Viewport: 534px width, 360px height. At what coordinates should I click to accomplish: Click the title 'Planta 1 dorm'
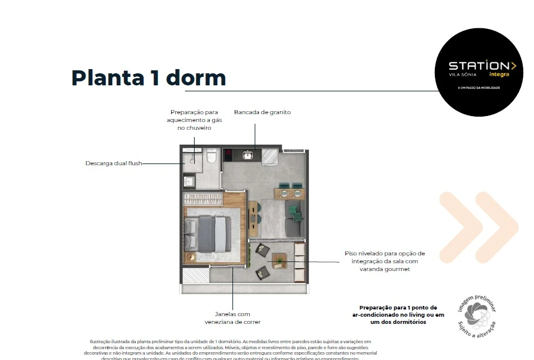(x=148, y=78)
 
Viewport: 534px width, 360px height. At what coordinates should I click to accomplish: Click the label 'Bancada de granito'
(x=262, y=112)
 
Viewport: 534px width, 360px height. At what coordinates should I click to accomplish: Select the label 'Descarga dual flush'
(x=114, y=163)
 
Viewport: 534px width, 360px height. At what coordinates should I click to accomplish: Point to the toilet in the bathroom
(x=211, y=157)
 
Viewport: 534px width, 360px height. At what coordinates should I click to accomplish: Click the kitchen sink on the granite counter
(x=247, y=156)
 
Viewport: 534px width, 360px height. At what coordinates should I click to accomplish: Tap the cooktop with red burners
(x=229, y=156)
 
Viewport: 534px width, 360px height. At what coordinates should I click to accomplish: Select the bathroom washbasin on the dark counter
(x=189, y=181)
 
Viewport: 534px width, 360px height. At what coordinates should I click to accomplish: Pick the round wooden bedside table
(x=190, y=257)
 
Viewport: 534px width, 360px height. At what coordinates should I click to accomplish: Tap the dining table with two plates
(x=290, y=193)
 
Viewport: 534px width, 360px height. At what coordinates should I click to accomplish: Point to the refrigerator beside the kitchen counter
(x=270, y=157)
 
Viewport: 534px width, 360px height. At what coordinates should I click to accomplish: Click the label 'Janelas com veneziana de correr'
(x=232, y=318)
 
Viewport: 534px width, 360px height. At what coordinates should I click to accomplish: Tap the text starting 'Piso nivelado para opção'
(x=384, y=261)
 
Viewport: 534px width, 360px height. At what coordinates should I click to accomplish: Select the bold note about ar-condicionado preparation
(x=398, y=314)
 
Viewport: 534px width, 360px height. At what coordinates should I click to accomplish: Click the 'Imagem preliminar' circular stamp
(x=478, y=315)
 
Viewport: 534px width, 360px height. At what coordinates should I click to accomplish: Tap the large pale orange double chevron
(x=478, y=225)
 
